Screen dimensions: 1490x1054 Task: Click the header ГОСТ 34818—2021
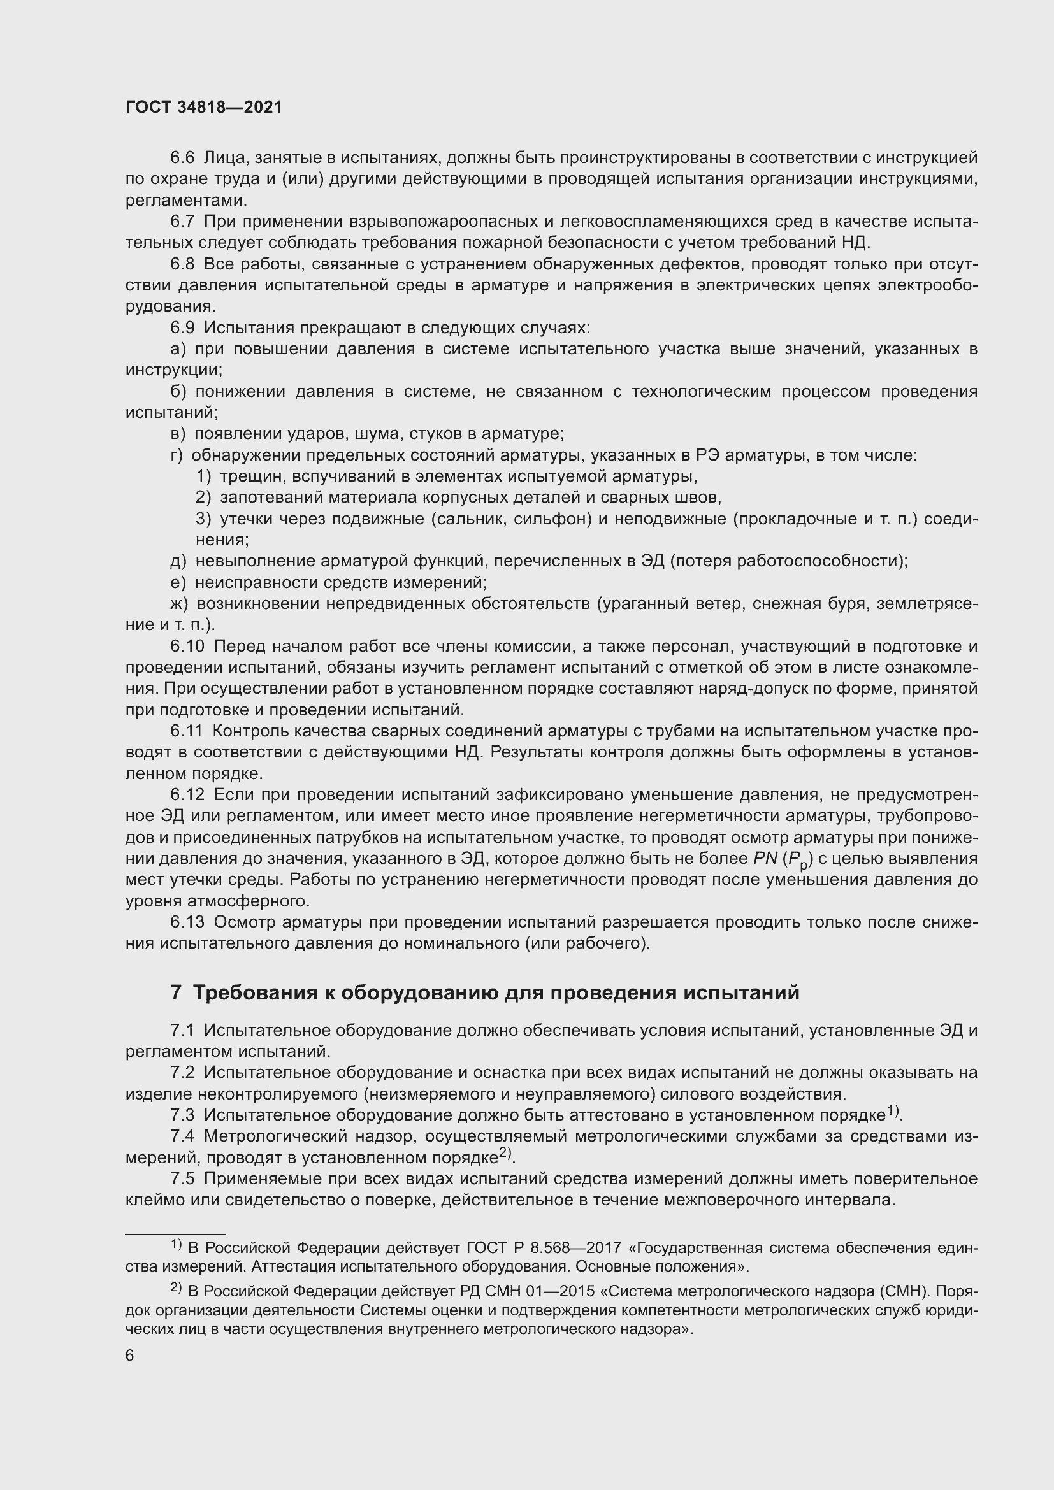tap(204, 108)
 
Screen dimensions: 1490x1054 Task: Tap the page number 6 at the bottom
tap(130, 1356)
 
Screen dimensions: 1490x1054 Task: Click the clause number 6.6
tap(182, 158)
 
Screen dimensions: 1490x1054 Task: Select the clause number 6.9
tap(182, 327)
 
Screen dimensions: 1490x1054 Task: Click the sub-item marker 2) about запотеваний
tap(204, 498)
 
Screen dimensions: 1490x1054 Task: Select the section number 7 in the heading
tap(175, 993)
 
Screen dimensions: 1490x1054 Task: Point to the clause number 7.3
tap(182, 1115)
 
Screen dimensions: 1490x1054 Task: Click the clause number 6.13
tap(187, 922)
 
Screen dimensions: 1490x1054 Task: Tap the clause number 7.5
tap(182, 1178)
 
